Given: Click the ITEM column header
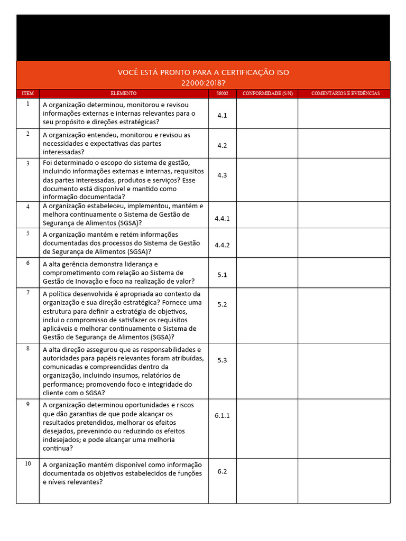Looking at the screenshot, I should point(27,94).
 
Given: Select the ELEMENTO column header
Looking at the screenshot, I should point(123,94).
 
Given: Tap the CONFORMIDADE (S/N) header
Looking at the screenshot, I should point(267,94).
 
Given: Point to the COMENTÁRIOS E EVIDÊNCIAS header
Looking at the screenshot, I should point(345,94).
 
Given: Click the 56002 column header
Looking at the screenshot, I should point(222,94).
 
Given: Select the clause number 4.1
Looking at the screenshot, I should point(222,115).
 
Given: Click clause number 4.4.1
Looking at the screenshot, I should point(222,218).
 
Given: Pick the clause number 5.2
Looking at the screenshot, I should point(222,304).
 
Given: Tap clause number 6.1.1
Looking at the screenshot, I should point(222,416).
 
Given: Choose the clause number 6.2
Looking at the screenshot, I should point(222,471).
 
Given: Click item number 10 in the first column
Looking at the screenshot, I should point(27,464).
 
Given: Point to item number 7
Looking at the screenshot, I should point(27,292).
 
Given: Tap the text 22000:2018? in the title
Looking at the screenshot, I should point(203,83).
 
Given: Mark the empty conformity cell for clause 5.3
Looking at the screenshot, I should point(267,370).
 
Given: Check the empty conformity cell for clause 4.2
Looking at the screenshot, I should point(267,143).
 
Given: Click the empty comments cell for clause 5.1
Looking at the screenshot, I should point(344,273).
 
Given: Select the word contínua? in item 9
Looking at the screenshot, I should point(58,449).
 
